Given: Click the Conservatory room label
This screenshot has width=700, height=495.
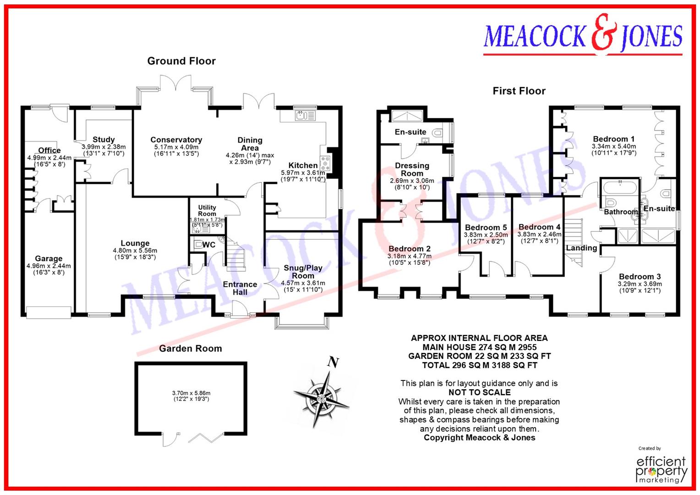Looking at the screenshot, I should [176, 140].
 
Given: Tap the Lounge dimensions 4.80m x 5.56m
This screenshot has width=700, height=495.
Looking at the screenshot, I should [135, 251].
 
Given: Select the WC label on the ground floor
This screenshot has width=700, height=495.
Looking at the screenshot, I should [208, 245].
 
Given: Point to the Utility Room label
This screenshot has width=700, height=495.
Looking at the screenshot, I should [207, 210].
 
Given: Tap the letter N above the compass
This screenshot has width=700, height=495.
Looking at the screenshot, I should [334, 363].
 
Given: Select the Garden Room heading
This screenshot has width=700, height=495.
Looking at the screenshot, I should [190, 348].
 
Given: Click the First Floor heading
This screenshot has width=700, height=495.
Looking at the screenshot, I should [519, 91].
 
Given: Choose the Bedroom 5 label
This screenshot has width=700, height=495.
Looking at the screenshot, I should [486, 227].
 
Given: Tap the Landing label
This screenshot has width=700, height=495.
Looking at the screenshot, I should [581, 248].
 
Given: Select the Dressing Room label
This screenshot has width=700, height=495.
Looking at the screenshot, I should [412, 169].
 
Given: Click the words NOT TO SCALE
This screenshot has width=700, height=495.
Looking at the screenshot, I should [479, 392].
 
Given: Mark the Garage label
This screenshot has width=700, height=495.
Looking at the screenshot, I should [49, 258].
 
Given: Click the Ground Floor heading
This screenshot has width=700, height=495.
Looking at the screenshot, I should [181, 61].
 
